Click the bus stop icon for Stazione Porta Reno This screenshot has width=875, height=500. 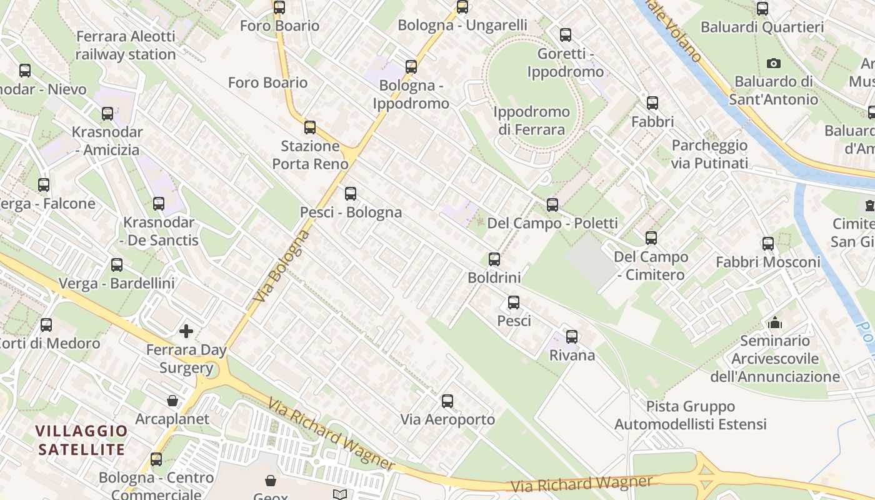(310, 127)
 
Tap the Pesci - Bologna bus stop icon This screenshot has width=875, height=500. (351, 194)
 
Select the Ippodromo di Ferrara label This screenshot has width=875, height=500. (532, 121)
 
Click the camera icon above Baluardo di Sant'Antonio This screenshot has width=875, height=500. (774, 63)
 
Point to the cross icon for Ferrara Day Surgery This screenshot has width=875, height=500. (186, 331)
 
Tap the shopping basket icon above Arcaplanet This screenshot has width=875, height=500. (172, 401)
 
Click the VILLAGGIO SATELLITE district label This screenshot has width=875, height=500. (81, 440)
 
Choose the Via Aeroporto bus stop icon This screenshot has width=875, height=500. (447, 401)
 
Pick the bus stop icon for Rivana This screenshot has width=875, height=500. (572, 337)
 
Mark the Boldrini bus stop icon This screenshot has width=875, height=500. (494, 259)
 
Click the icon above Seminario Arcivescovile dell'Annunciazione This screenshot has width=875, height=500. (775, 322)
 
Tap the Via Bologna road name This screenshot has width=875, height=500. (282, 267)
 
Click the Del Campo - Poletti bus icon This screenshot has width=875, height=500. (552, 204)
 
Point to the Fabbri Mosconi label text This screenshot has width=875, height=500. (768, 262)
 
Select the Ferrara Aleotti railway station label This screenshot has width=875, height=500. (126, 46)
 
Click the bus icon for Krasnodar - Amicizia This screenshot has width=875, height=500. (107, 114)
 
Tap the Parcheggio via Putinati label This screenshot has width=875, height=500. (709, 154)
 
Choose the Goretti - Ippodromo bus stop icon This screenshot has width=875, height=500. (566, 35)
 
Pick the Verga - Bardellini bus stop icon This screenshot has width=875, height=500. (117, 265)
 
